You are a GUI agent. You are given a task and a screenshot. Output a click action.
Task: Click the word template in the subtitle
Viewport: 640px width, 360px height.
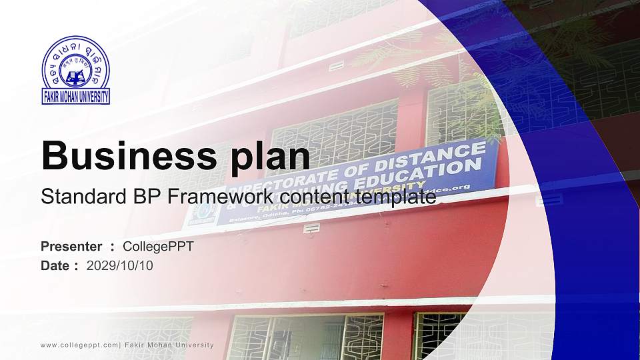click(395, 197)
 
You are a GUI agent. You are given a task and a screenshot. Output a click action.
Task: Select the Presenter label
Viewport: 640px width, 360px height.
click(71, 247)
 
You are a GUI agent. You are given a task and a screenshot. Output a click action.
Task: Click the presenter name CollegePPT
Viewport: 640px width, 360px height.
click(158, 247)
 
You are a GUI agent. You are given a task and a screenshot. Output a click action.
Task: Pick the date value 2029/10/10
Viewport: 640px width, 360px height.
click(120, 265)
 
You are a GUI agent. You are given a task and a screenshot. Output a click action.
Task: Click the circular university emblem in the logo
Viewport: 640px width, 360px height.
click(75, 63)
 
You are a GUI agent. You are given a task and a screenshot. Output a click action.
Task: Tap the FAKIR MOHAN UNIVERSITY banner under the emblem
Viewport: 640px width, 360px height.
click(75, 97)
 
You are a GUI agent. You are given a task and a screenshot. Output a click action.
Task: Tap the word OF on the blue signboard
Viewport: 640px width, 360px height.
click(392, 165)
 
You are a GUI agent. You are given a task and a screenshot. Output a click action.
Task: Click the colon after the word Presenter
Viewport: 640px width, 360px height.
click(113, 247)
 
